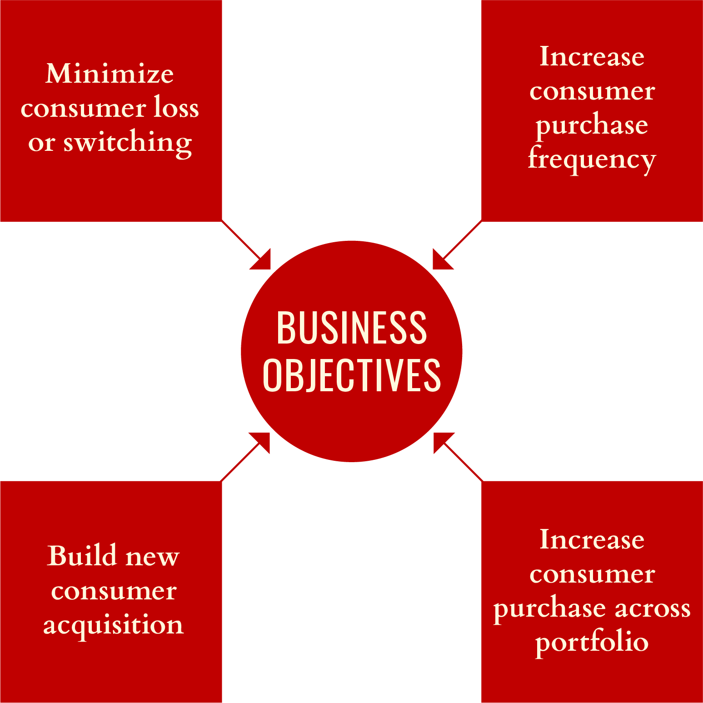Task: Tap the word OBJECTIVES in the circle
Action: pyautogui.click(x=351, y=375)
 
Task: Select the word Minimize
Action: pyautogui.click(x=110, y=74)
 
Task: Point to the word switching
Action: pyautogui.click(x=127, y=143)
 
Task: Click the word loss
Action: pyautogui.click(x=176, y=108)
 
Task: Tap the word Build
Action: pyautogui.click(x=82, y=556)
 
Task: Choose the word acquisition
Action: pyautogui.click(x=113, y=625)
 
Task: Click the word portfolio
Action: pyautogui.click(x=592, y=642)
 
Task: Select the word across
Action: pyautogui.click(x=652, y=608)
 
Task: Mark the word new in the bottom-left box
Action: pyautogui.click(x=152, y=557)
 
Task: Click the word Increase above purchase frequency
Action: pyautogui.click(x=592, y=57)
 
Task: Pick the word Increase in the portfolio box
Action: pyautogui.click(x=592, y=540)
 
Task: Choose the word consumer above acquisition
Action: pyautogui.click(x=114, y=591)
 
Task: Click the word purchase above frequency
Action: pyautogui.click(x=592, y=125)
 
